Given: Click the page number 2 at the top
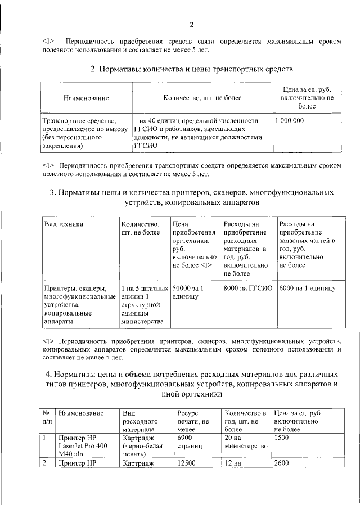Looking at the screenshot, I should point(191,24).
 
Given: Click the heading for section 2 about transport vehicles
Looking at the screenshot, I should point(192,69).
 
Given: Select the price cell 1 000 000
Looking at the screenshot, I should point(290,121).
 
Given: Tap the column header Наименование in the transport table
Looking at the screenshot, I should point(86,98).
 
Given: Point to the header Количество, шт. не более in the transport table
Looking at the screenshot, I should point(202,98).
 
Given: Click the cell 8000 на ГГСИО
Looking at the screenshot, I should point(247,288).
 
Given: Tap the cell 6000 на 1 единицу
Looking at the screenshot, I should point(307,288).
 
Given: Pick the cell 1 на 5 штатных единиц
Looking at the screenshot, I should point(141,304).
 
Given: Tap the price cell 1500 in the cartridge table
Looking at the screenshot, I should point(282,437).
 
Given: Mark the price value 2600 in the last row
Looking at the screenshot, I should point(282,463).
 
